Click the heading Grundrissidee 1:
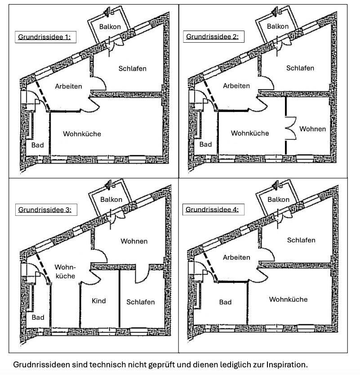coord(44,37)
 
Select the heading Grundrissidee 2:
coord(213,36)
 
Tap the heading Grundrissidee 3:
coord(44,210)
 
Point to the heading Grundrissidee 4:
coord(212,210)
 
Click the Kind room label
coord(98,300)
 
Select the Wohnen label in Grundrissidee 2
coord(313,129)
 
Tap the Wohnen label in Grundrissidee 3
coord(134,241)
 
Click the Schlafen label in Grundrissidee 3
coord(141,302)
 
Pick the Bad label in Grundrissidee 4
coord(225,302)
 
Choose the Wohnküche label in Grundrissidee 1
coord(82,134)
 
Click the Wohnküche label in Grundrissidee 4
coord(288,299)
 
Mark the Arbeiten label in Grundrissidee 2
coord(236,85)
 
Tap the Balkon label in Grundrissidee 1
coord(110,27)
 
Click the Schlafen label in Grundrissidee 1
coord(133,68)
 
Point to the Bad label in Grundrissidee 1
coord(38,145)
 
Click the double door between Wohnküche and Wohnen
coord(290,129)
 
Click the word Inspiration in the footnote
coord(286,364)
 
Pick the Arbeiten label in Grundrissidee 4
coord(236,257)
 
